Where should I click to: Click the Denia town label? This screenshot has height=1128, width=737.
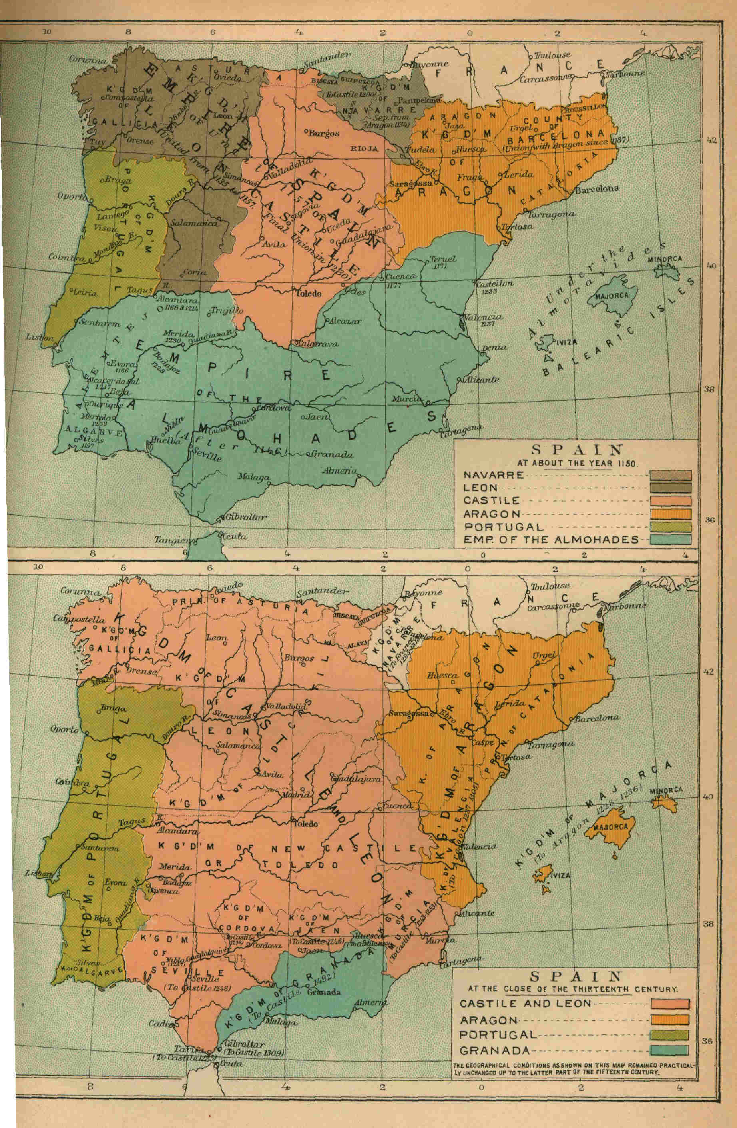pos(494,348)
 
